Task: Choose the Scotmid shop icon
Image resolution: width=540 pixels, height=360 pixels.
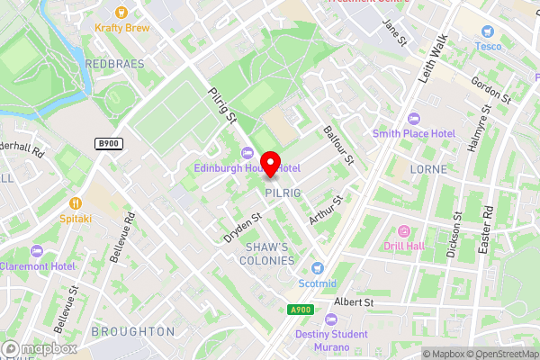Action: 317,268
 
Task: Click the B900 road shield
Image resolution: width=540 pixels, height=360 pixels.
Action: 109,143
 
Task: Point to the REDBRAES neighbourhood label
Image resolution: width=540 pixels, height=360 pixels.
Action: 114,64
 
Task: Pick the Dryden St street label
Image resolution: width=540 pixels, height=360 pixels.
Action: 243,227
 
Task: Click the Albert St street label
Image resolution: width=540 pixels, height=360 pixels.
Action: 354,302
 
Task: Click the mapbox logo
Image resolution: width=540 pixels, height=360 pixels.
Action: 40,347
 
